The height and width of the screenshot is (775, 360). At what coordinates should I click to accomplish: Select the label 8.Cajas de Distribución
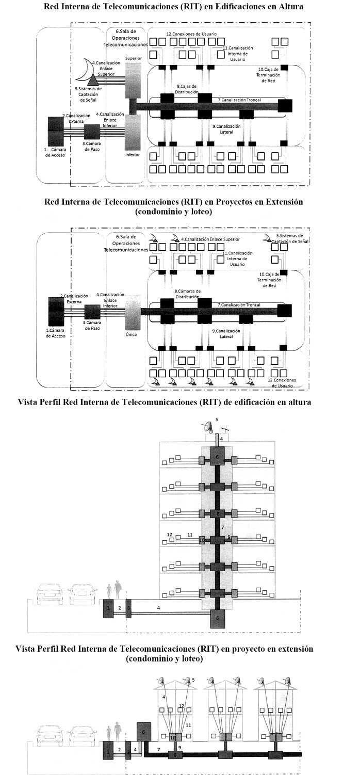(x=187, y=89)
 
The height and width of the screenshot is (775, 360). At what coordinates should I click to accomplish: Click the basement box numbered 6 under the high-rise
(x=217, y=618)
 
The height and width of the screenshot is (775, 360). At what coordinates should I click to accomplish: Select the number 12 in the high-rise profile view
(x=169, y=535)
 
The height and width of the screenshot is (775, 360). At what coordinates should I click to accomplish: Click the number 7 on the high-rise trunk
(x=222, y=528)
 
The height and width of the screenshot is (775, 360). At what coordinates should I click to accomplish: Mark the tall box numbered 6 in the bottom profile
(x=144, y=733)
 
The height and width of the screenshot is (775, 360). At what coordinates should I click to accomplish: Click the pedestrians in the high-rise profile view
(x=114, y=589)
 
